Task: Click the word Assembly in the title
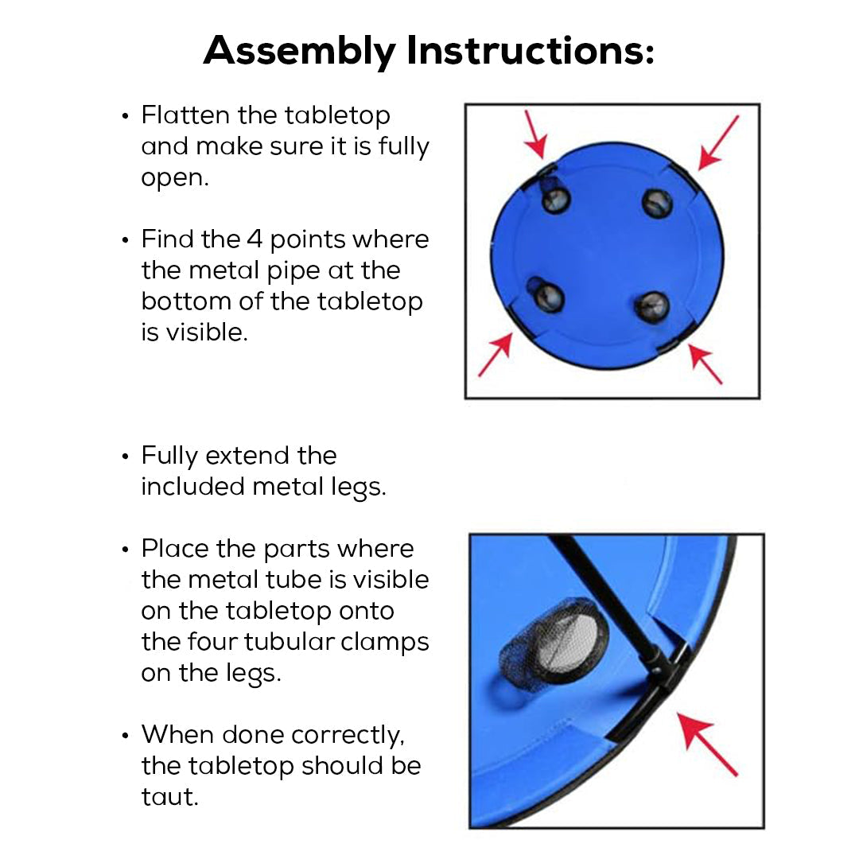(x=299, y=51)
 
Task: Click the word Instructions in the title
(x=530, y=50)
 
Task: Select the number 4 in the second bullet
(x=255, y=239)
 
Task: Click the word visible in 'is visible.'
(x=207, y=332)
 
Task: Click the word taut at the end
(x=169, y=796)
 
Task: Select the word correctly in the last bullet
(x=348, y=735)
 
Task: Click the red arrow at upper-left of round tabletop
(x=535, y=134)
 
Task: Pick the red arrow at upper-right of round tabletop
(x=718, y=143)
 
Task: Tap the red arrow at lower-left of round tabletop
(x=496, y=355)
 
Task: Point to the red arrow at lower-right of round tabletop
(x=705, y=363)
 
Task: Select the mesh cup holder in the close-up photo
(x=554, y=641)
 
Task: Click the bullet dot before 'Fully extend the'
(x=126, y=457)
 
